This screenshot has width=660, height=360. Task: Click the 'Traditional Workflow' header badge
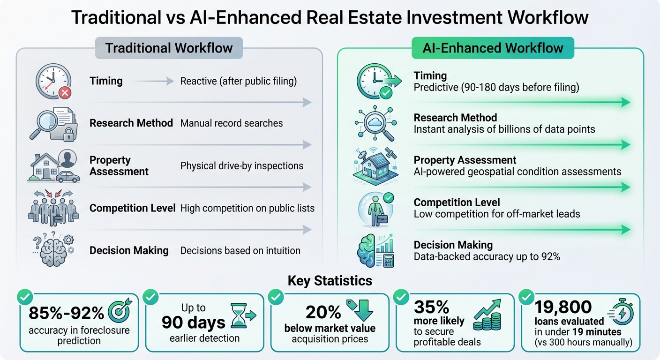[169, 48]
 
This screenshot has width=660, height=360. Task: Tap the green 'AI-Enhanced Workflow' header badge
[492, 48]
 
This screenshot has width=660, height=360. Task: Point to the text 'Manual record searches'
[232, 123]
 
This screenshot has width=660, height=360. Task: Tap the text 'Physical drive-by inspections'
[242, 166]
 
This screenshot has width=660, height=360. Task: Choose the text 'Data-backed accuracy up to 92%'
[487, 256]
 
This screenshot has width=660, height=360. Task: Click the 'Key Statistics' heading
[330, 281]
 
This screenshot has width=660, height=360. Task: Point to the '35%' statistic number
[432, 307]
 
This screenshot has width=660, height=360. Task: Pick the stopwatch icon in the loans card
[621, 312]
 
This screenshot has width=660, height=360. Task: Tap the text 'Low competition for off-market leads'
[497, 214]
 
